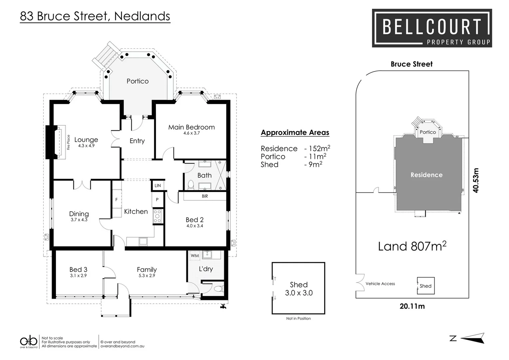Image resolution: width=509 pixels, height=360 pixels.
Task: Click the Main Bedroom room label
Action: click(191, 127)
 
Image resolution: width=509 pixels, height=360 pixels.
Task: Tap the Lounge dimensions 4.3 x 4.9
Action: click(86, 146)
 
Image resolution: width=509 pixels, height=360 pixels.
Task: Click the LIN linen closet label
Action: click(158, 186)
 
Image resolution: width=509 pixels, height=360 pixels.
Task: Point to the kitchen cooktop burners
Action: click(157, 216)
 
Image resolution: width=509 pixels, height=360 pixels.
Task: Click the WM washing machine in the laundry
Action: click(195, 256)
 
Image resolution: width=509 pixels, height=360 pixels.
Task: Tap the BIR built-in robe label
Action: click(205, 196)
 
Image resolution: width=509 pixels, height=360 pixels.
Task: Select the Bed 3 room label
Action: click(78, 269)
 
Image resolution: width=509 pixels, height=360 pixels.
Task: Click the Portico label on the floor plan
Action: click(137, 81)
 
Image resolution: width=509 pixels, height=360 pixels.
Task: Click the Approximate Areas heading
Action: click(295, 132)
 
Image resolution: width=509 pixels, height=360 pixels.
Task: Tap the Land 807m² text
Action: click(412, 246)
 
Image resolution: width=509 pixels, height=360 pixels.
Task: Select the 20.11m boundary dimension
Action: click(412, 306)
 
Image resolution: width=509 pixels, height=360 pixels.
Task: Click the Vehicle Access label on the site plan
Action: click(380, 284)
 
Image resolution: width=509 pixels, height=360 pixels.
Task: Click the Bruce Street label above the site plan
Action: click(411, 64)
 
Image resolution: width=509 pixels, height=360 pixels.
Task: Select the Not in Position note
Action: click(298, 318)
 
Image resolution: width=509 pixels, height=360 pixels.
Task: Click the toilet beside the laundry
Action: click(218, 289)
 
